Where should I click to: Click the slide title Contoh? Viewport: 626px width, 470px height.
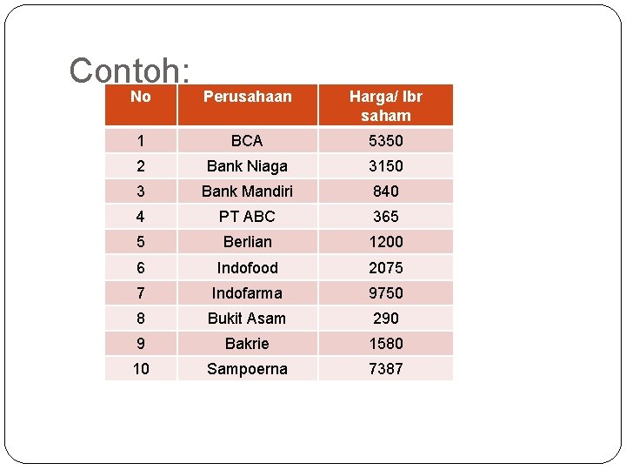130,70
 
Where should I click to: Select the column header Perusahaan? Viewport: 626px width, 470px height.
247,97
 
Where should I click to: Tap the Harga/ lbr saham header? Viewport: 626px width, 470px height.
385,105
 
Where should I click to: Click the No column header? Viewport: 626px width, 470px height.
140,97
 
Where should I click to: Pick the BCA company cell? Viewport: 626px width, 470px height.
247,141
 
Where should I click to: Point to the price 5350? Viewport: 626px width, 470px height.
385,141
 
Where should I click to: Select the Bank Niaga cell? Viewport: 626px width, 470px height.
247,166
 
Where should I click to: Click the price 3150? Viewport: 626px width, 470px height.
385,166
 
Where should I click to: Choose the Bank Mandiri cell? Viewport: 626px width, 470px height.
247,191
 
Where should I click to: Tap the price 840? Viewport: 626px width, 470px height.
385,191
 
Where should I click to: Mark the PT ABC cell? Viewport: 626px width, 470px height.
247,217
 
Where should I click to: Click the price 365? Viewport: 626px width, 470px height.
385,217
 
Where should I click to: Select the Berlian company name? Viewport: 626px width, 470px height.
247,242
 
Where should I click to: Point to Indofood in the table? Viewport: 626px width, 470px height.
247,268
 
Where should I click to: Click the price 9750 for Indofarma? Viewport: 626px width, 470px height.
385,293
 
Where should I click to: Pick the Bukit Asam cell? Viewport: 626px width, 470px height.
247,319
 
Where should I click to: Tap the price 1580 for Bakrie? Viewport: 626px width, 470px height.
385,344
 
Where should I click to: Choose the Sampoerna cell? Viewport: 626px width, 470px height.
247,369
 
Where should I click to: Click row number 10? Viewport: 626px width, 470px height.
141,369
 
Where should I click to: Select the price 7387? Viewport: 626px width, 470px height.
385,369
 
